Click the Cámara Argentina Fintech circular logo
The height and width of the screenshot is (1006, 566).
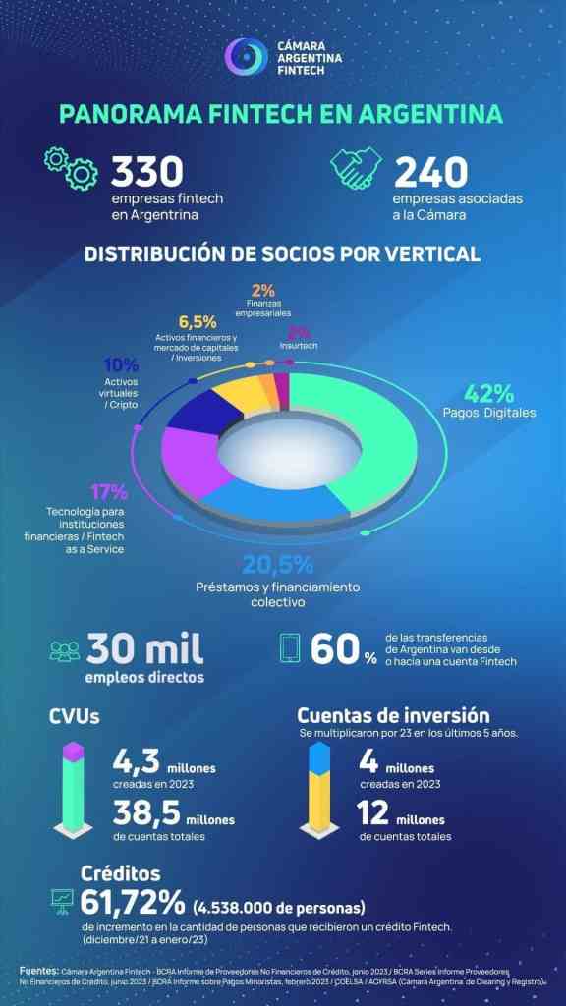click(x=245, y=57)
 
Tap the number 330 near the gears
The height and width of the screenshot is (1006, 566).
click(x=147, y=172)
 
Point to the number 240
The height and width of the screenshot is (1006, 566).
click(x=430, y=172)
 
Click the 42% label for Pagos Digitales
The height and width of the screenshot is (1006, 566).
click(x=489, y=394)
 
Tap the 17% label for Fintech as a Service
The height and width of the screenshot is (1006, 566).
click(x=108, y=491)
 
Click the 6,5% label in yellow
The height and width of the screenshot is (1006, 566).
click(x=198, y=322)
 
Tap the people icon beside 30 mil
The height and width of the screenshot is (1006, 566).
click(x=65, y=651)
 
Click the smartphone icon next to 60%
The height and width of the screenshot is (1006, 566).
click(x=291, y=649)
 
